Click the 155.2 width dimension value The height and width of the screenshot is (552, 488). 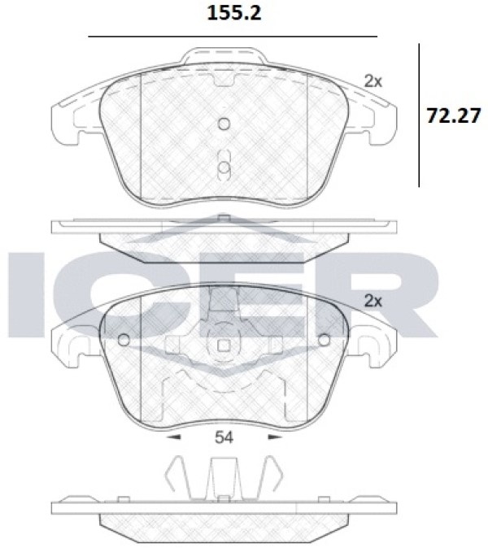tap(234, 13)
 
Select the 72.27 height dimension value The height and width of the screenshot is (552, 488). tap(454, 115)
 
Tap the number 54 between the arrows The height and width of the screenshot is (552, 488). tap(224, 437)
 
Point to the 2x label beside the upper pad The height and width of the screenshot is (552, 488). tap(373, 81)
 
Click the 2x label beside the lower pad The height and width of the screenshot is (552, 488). tap(373, 301)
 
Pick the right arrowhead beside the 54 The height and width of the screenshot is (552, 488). tap(276, 437)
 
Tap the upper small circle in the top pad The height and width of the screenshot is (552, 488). tap(224, 124)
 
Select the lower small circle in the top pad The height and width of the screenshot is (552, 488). tap(224, 168)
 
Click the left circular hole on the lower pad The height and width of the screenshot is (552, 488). tap(124, 340)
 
